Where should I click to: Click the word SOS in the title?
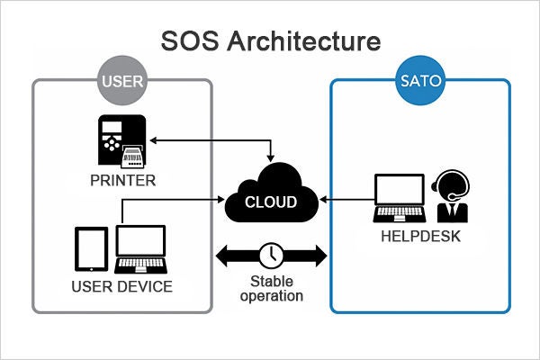click(x=192, y=41)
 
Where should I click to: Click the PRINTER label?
click(x=122, y=180)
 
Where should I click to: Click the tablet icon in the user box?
click(x=90, y=248)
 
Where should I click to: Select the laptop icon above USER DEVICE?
click(x=140, y=247)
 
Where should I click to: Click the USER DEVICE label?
click(x=122, y=287)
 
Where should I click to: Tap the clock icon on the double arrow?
click(x=270, y=255)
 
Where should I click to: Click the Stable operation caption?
click(x=271, y=287)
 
